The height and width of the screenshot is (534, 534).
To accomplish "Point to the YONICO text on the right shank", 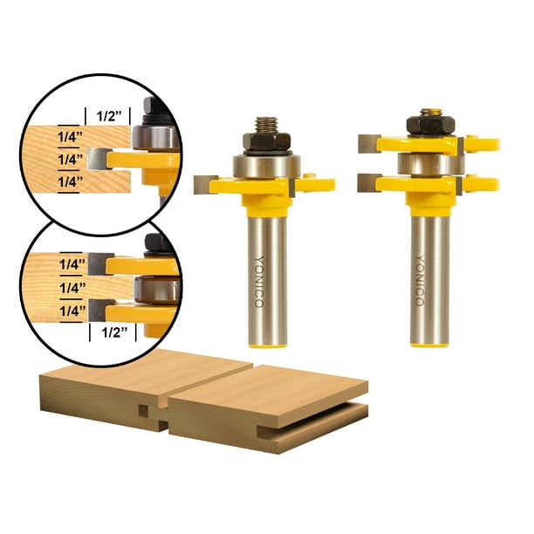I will point(419,279).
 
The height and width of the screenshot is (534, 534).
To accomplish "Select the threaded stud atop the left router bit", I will point(263,123).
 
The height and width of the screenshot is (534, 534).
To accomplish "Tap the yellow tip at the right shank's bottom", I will point(430,343).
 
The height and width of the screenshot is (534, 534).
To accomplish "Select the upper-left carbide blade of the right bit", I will point(368,140).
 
